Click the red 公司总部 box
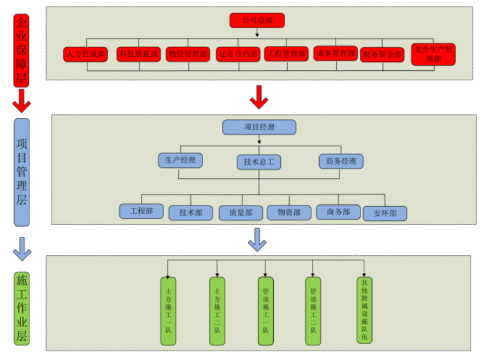click(x=257, y=21)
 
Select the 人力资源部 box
click(x=86, y=54)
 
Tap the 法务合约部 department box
click(x=238, y=54)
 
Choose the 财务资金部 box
click(x=382, y=55)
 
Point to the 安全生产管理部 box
click(x=433, y=54)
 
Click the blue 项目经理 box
click(x=259, y=127)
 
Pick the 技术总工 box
click(x=258, y=162)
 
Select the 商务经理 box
click(x=341, y=161)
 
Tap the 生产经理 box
click(x=180, y=160)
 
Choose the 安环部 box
click(x=384, y=213)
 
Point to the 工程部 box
click(x=141, y=211)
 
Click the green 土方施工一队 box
click(x=168, y=311)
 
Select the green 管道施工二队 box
click(x=313, y=311)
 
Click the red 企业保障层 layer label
click(x=22, y=50)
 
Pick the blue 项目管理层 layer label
click(x=22, y=172)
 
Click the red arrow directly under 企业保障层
click(x=22, y=100)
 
